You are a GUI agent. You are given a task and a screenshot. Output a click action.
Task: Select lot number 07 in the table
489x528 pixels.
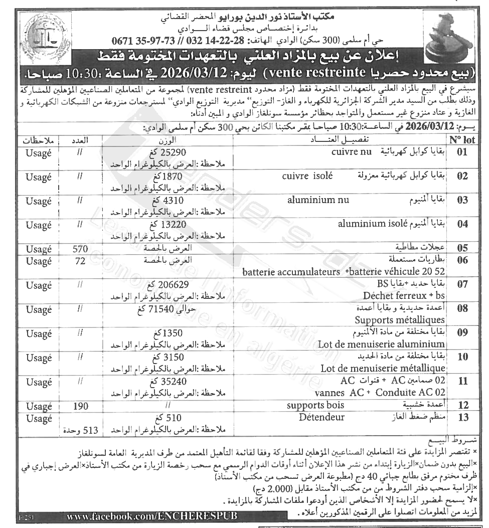(x=462, y=285)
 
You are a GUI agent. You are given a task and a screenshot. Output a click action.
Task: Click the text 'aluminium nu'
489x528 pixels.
(x=317, y=200)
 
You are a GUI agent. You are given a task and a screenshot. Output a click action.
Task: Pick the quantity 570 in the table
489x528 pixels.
(x=80, y=248)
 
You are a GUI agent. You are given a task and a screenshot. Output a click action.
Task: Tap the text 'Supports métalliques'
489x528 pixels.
(x=400, y=319)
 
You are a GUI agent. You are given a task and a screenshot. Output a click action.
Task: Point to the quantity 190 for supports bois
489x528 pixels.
(x=80, y=406)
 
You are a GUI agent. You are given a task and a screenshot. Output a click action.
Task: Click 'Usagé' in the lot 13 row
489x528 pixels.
(x=39, y=417)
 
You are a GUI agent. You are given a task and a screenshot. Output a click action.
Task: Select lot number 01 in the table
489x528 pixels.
(x=462, y=152)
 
